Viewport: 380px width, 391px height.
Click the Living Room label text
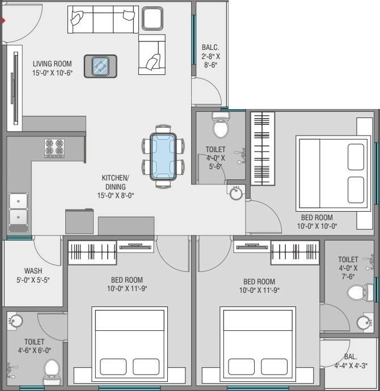52,68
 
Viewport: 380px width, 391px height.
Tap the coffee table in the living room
100,66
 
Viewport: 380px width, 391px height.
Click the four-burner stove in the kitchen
54,148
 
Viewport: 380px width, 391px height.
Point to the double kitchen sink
18,209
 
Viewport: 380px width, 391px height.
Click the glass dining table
163,157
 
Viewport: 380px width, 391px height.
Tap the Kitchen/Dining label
115,187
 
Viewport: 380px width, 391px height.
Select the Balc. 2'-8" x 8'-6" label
210,56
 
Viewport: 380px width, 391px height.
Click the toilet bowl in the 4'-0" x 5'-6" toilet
220,125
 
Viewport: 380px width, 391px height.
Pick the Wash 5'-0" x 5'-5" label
33,276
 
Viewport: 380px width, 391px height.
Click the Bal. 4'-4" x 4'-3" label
350,361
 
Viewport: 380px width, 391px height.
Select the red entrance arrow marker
3,21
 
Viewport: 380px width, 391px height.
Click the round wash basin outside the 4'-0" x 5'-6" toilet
237,194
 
